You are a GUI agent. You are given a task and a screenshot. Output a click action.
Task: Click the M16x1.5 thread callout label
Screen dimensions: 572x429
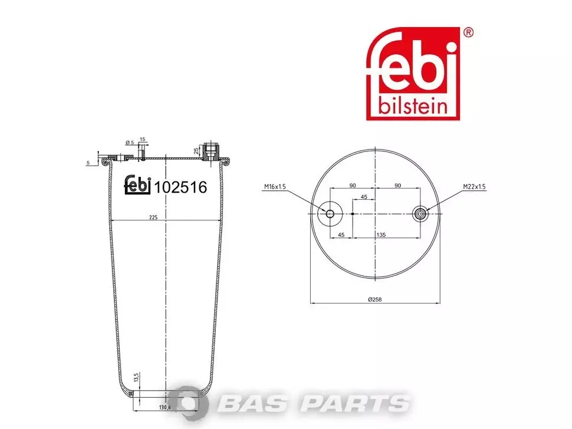[275, 187]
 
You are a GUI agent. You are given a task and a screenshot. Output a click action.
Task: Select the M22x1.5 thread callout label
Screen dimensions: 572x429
[474, 187]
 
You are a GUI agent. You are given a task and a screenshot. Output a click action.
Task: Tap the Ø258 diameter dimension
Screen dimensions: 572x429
[374, 299]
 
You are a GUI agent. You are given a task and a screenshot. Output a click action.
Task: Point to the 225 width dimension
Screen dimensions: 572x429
[153, 217]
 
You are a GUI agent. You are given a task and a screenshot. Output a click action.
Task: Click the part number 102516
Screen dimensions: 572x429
[180, 187]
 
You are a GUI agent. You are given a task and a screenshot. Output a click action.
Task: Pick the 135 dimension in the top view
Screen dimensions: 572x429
[381, 235]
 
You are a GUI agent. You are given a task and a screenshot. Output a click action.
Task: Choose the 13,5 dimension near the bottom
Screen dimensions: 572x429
[136, 378]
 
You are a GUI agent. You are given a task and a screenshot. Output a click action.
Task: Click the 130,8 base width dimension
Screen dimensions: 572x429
[165, 407]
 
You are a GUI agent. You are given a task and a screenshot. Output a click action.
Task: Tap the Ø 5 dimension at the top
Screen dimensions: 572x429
[130, 143]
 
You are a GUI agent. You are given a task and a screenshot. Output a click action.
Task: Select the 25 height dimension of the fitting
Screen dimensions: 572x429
[196, 150]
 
